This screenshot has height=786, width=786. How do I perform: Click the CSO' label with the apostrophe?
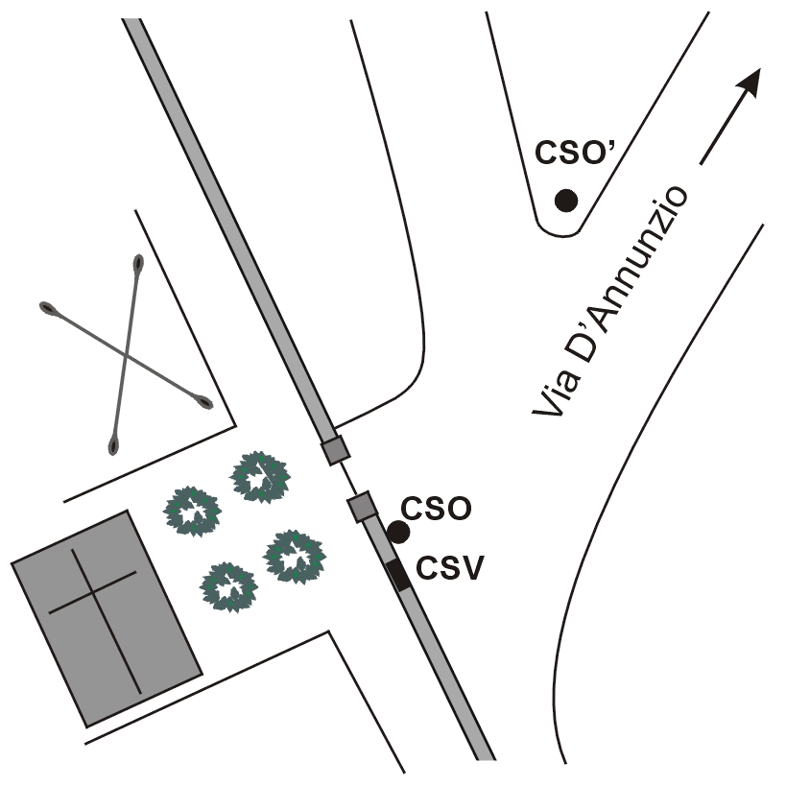pyautogui.click(x=573, y=155)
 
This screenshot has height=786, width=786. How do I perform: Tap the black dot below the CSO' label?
pyautogui.click(x=566, y=201)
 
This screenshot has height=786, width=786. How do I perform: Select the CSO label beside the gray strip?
pyautogui.click(x=435, y=509)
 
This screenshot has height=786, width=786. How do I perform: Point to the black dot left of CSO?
pyautogui.click(x=398, y=531)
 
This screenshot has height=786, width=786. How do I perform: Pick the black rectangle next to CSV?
pyautogui.click(x=398, y=574)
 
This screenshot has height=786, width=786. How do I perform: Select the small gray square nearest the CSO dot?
pyautogui.click(x=361, y=506)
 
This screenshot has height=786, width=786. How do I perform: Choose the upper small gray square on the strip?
pyautogui.click(x=334, y=449)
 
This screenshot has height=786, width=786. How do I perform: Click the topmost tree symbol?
pyautogui.click(x=260, y=477)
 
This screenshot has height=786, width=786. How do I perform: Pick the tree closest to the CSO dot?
pyautogui.click(x=295, y=555)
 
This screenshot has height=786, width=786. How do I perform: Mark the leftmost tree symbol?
pyautogui.click(x=193, y=510)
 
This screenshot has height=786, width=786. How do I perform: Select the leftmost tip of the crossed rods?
pyautogui.click(x=45, y=307)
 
